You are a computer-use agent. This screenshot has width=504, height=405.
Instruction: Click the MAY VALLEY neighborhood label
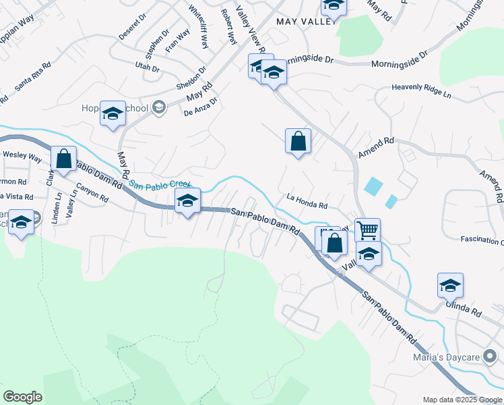click(306, 22)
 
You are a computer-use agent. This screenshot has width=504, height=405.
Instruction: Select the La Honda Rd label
click(307, 201)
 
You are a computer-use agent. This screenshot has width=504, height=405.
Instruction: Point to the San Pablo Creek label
click(160, 184)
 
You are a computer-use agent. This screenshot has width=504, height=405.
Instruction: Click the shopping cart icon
click(367, 230)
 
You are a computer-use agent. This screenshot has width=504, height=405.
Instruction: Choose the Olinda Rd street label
click(464, 310)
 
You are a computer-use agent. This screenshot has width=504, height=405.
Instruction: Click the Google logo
click(22, 397)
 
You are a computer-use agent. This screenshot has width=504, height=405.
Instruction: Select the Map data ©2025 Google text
click(462, 400)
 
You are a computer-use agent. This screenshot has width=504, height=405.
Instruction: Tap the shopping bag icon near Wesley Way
click(64, 160)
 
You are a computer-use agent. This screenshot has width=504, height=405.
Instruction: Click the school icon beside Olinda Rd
click(449, 284)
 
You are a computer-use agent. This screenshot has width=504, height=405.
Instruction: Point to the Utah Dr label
click(146, 68)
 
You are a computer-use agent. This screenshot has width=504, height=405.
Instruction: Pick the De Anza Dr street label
click(200, 109)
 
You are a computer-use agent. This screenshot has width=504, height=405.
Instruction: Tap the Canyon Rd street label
click(92, 194)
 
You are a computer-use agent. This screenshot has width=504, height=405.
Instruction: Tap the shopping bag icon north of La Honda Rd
click(298, 142)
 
